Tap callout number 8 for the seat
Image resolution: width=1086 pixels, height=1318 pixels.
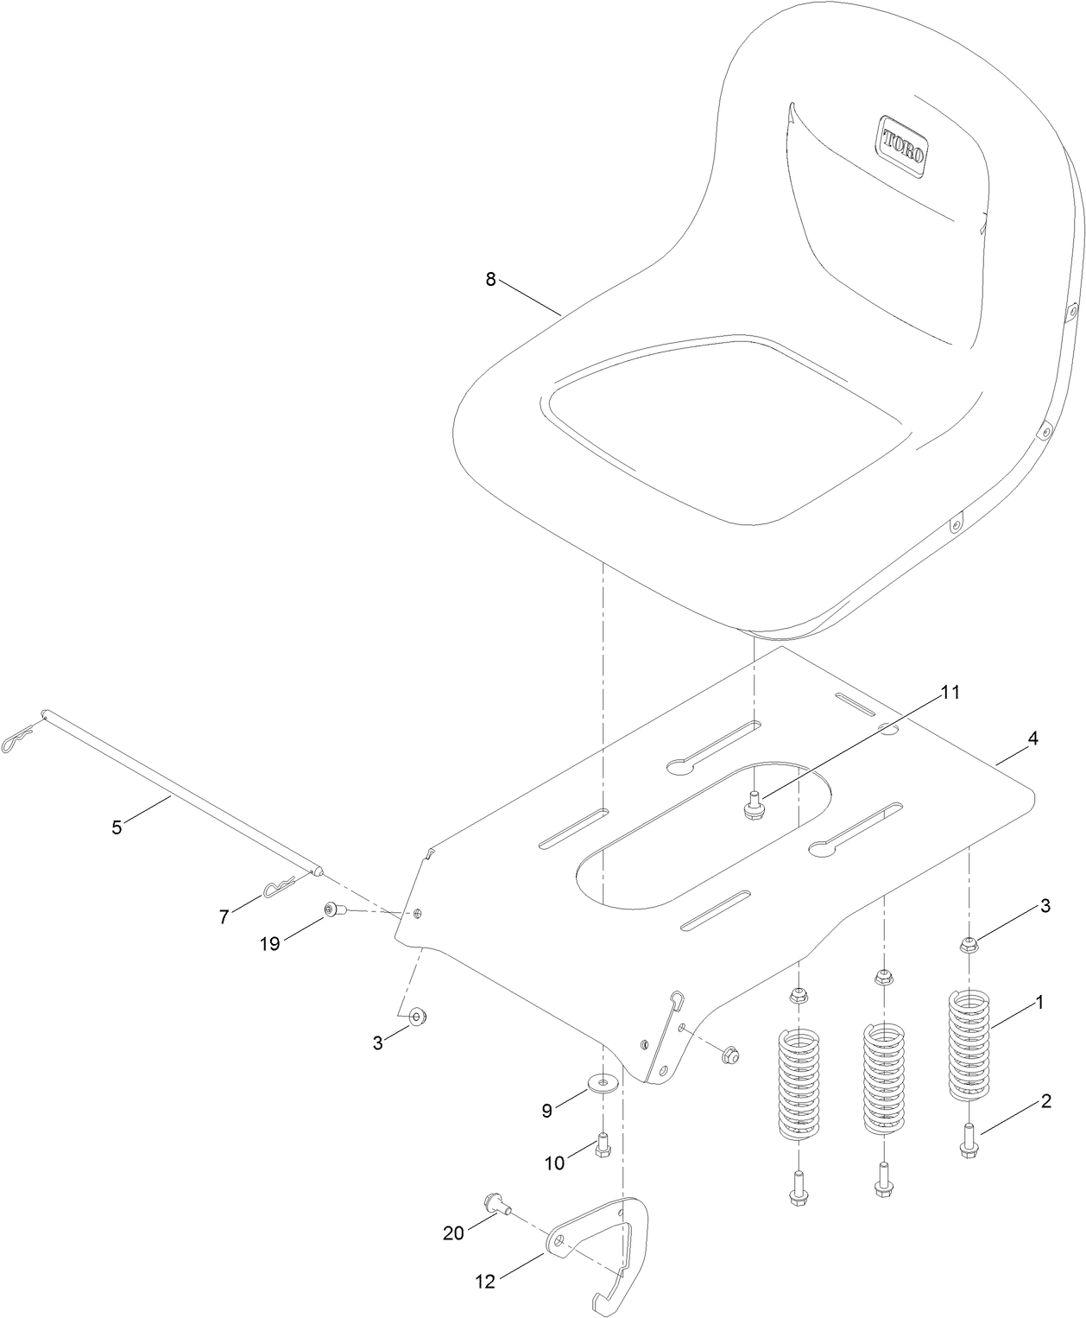point(490,279)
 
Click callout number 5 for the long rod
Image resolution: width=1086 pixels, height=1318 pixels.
point(117,827)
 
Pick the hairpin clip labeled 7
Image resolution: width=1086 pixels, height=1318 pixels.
point(278,886)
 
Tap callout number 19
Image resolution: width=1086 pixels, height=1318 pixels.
point(270,943)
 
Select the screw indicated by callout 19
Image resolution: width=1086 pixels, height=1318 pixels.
point(333,909)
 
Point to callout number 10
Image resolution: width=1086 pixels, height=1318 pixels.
point(554,1163)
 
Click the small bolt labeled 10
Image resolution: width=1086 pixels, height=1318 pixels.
point(603,1146)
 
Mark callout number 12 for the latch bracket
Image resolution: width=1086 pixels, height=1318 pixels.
point(487,1282)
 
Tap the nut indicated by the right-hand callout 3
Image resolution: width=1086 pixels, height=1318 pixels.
point(969,944)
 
